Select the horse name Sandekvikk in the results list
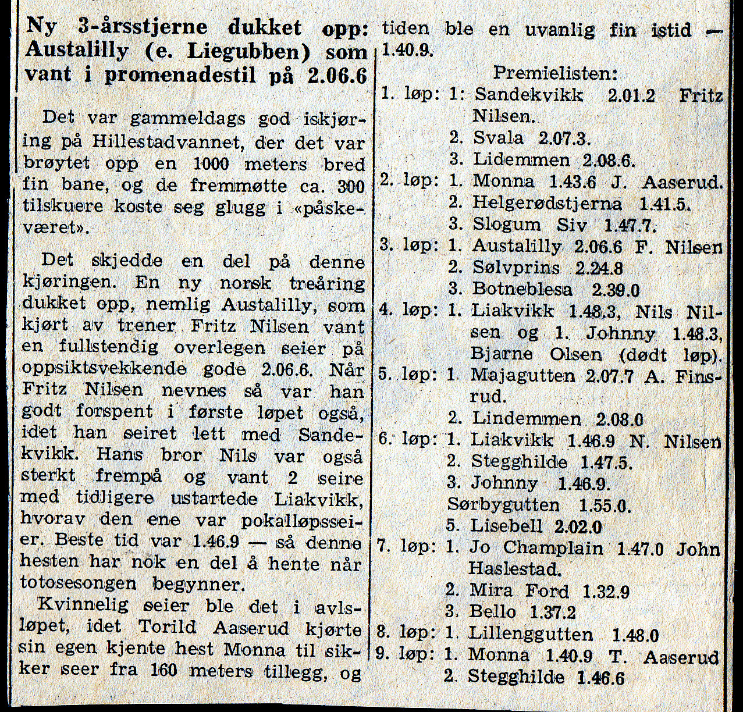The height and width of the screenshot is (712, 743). [x=528, y=95]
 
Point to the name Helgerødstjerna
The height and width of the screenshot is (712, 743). [x=547, y=204]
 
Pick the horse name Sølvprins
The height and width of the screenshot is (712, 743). [x=516, y=268]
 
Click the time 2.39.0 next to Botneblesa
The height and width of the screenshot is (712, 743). [x=616, y=289]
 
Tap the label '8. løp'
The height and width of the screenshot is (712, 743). [x=405, y=633]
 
